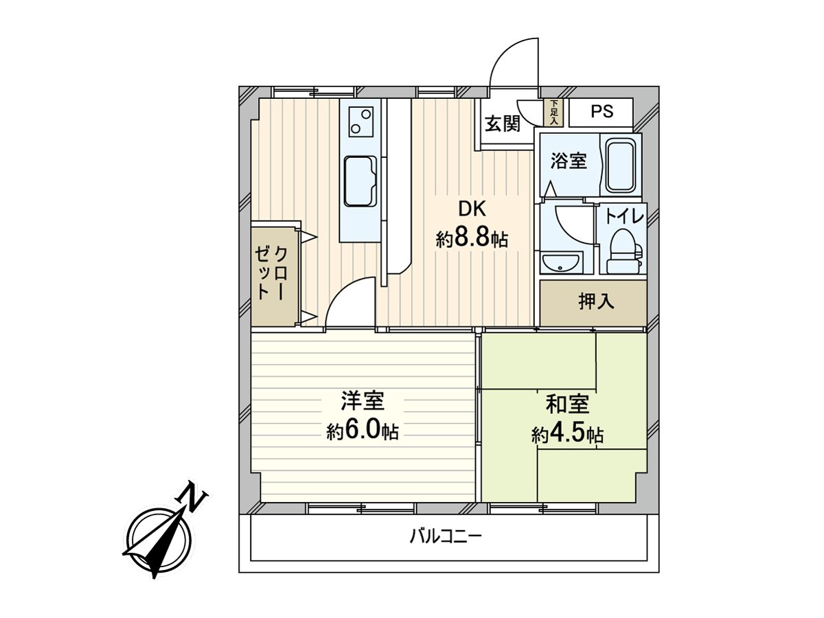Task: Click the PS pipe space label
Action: coord(602,111)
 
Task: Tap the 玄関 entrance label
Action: coord(502,124)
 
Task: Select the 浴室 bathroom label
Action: coord(569,161)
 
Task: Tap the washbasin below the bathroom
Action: coord(562,262)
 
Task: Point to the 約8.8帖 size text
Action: coord(471,240)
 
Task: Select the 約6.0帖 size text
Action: coord(362,432)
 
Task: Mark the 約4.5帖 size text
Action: coord(567,435)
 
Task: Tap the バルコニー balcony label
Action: coord(446,536)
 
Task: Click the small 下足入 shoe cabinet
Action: coord(554,113)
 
